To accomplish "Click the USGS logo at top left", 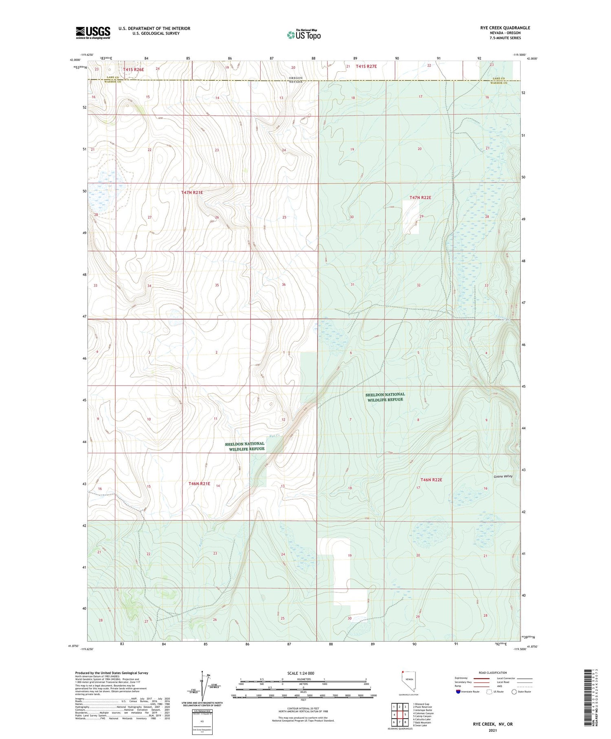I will [93, 33].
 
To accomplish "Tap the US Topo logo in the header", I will [303, 35].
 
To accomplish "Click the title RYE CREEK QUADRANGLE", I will [505, 28].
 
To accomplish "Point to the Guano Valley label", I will [503, 476].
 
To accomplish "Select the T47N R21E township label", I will [192, 192].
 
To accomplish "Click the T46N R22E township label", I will [431, 480].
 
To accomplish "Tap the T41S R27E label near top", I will [366, 66].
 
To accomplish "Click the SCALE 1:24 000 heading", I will [301, 673].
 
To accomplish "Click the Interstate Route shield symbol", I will [458, 692].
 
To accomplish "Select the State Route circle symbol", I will [514, 692].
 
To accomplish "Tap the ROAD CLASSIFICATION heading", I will [493, 673].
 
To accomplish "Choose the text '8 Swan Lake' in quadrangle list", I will [420, 726].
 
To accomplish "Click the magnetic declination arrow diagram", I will [202, 687].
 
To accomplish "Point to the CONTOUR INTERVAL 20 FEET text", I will [303, 709].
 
